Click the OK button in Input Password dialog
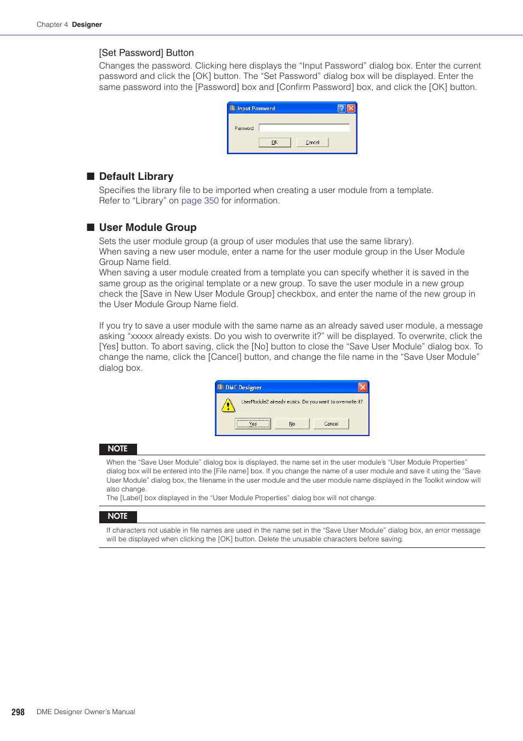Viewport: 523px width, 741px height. pos(275,143)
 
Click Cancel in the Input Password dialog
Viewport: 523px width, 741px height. pos(312,143)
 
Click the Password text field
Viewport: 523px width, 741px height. pos(304,128)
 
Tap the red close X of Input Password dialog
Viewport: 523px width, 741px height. pos(351,109)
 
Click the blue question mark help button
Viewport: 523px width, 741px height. pos(342,109)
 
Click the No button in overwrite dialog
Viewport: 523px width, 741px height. pos(292,424)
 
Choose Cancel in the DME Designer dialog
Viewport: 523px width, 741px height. pos(331,424)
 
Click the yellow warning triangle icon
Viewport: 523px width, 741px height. pos(228,406)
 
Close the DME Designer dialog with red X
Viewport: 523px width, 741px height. pos(362,387)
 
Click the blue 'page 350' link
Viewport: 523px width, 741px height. pos(200,201)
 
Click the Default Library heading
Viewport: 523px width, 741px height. pos(136,177)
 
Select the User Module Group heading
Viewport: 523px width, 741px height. pos(147,228)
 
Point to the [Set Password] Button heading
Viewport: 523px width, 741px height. pos(146,53)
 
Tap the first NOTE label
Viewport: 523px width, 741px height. pos(118,449)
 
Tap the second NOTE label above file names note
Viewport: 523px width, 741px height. pos(118,516)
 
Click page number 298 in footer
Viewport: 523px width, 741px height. pos(18,712)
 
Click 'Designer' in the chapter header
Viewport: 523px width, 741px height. pos(87,25)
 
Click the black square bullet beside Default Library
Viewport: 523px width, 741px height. pos(91,176)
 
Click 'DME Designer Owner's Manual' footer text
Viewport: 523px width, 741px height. pos(86,712)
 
